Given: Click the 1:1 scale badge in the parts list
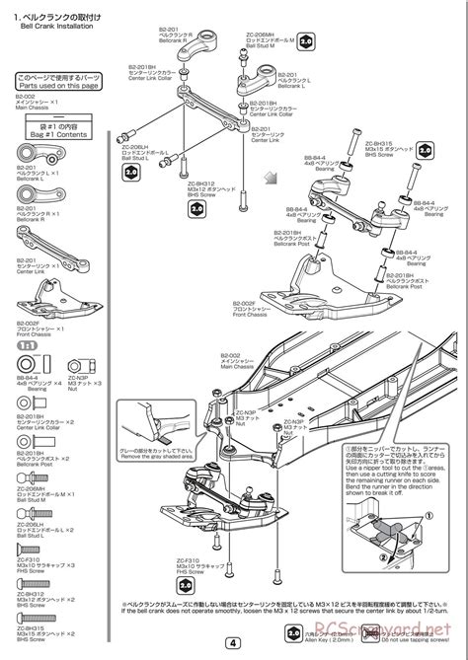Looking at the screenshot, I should point(29,347).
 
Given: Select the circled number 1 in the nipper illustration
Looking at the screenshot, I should point(429,514).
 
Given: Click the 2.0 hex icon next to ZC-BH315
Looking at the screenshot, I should point(426,151).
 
